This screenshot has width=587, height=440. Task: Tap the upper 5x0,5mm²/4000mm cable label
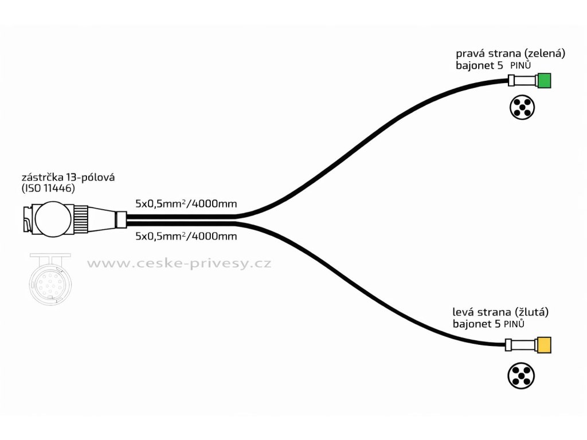click(x=186, y=203)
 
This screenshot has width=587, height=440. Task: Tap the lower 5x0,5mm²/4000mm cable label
click(x=186, y=235)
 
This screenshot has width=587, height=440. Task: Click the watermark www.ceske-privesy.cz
click(x=178, y=264)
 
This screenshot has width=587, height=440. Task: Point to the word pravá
click(x=469, y=53)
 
